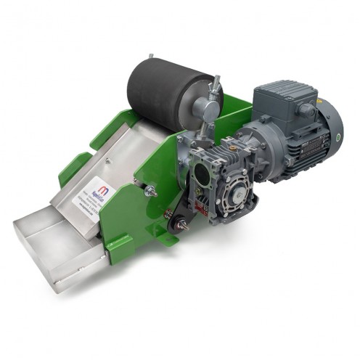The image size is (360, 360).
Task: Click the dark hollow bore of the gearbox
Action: (199, 171)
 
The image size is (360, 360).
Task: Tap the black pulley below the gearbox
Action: (174, 226)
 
